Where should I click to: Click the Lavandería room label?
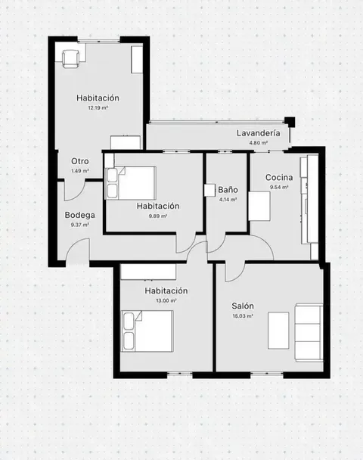(259, 133)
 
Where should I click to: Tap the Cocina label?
(279, 178)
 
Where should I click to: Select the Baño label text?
(228, 190)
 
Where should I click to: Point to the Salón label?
(243, 306)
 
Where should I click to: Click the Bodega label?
(79, 216)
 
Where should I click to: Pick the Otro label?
(80, 161)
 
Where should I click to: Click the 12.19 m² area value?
(98, 107)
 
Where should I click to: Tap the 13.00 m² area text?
(166, 300)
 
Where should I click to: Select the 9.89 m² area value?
(158, 216)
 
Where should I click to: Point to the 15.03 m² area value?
(243, 316)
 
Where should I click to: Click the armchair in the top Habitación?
(71, 59)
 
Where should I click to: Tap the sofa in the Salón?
(309, 332)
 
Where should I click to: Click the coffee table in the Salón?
(278, 331)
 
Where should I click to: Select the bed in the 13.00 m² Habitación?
(147, 331)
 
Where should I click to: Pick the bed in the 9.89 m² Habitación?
(131, 183)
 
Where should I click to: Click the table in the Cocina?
(259, 207)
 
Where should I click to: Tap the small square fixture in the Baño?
(210, 190)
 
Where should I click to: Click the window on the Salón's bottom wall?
(267, 374)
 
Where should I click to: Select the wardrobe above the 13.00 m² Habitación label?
(148, 272)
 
